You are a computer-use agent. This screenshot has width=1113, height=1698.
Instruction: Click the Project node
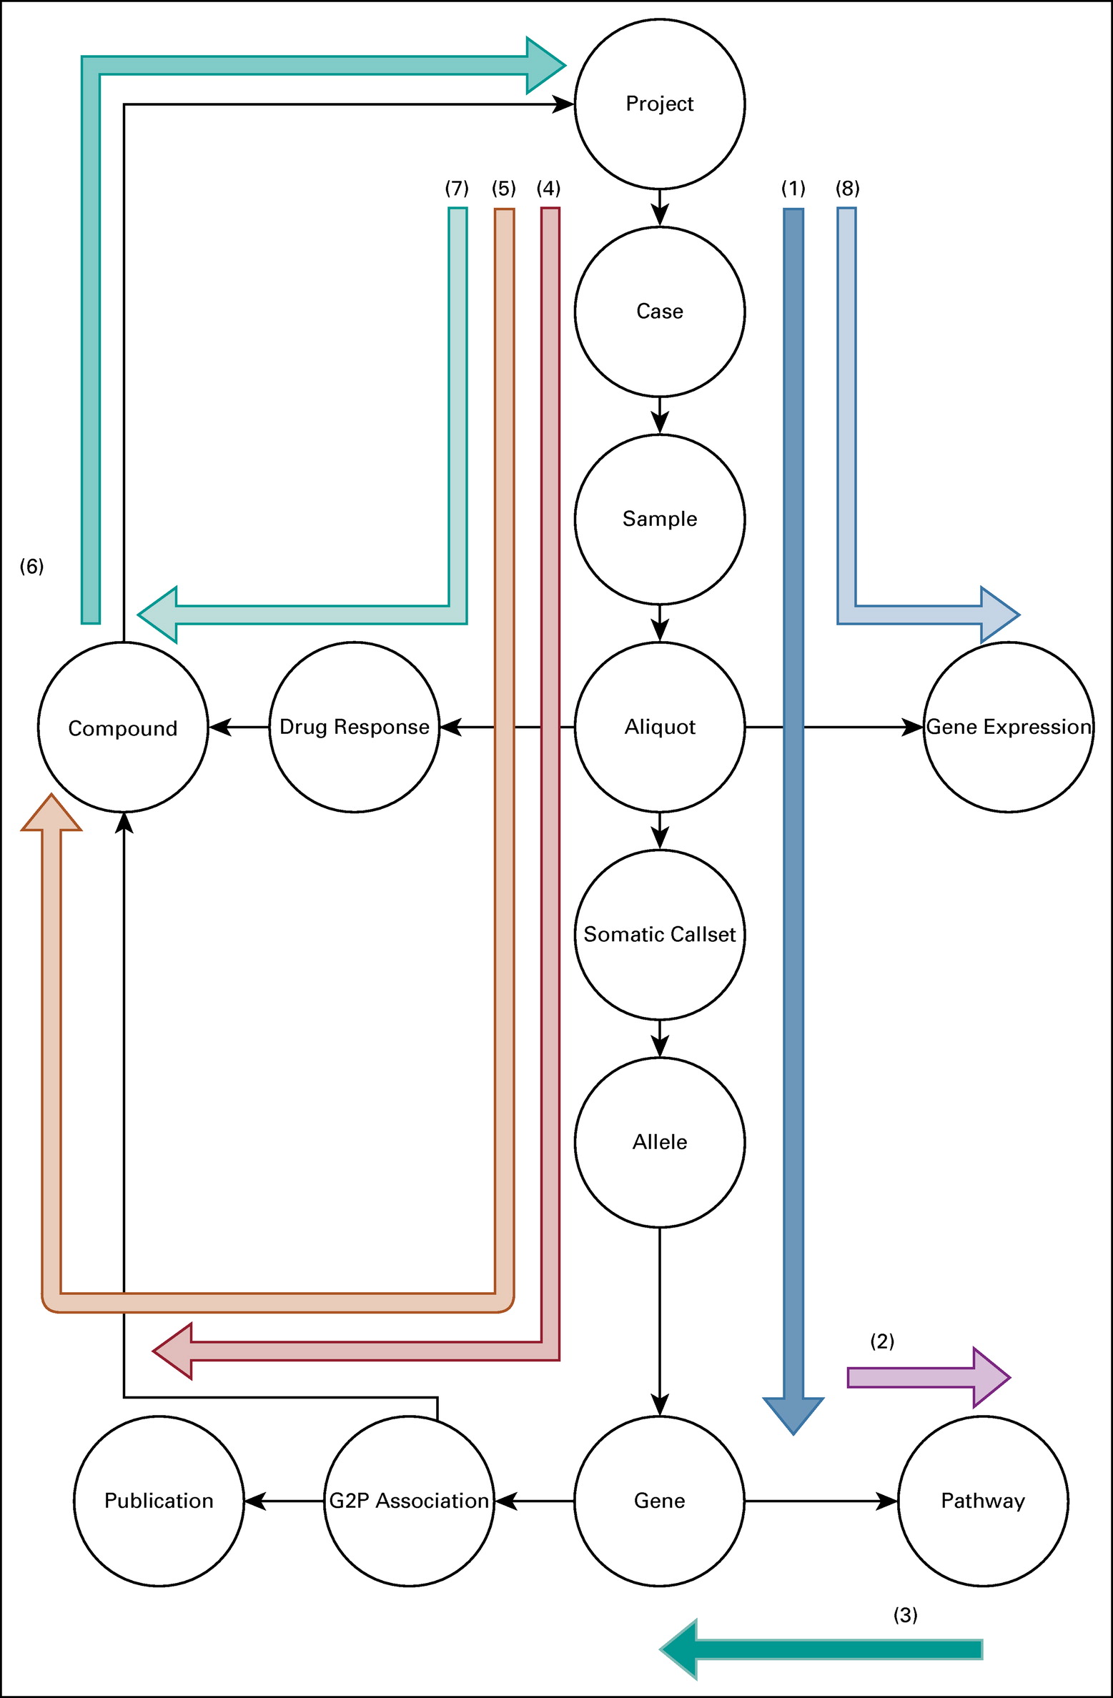tap(659, 104)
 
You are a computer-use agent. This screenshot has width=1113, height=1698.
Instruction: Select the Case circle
tap(659, 312)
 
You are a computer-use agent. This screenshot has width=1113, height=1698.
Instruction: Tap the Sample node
tap(659, 519)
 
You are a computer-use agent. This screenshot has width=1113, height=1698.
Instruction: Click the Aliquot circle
tap(659, 727)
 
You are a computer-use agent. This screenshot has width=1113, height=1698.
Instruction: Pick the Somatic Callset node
tap(659, 934)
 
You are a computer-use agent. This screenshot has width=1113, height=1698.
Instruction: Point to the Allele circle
tap(659, 1142)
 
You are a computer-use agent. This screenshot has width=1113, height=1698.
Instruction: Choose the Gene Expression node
tap(1008, 727)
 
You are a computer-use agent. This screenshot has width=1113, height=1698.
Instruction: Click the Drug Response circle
tap(355, 727)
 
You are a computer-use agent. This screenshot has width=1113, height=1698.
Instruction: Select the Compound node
tap(123, 728)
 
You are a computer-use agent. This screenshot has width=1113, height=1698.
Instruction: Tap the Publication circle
tap(159, 1501)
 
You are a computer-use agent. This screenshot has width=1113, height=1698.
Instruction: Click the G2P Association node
tap(409, 1501)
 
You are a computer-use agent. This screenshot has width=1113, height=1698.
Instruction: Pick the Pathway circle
tap(983, 1501)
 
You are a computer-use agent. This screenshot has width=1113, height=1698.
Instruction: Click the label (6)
tap(31, 567)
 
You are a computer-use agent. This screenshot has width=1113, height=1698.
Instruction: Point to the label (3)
tap(905, 1615)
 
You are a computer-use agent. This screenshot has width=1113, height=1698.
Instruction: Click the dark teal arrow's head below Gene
tap(681, 1649)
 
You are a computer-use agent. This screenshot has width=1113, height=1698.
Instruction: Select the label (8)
tap(847, 189)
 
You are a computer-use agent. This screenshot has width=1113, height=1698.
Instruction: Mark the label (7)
tap(457, 189)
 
